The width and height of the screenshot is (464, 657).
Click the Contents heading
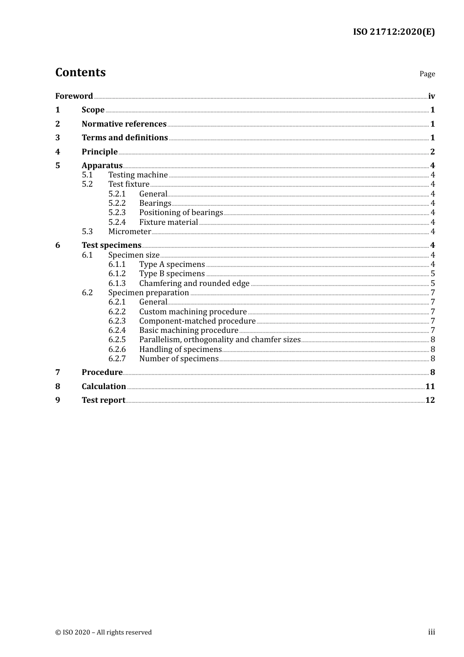[x=80, y=72]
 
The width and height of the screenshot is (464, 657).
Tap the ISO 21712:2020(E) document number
[x=394, y=32]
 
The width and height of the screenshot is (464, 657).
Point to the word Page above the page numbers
[x=427, y=74]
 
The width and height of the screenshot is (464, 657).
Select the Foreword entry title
[x=74, y=96]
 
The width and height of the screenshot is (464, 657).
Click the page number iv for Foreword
[x=431, y=96]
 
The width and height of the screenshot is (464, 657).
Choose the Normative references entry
[x=124, y=124]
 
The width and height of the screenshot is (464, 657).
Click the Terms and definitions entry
[x=125, y=137]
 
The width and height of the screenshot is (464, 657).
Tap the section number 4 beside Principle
[x=58, y=152]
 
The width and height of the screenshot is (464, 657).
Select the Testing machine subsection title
[x=138, y=175]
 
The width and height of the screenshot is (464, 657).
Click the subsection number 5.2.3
[x=117, y=212]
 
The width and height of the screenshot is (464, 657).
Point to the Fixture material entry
[x=169, y=222]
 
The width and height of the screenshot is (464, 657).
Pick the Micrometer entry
[x=129, y=231]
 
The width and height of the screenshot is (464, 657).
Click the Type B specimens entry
[x=172, y=273]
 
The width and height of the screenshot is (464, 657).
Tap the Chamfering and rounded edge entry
[x=194, y=283]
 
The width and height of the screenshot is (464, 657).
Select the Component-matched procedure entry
[x=197, y=321]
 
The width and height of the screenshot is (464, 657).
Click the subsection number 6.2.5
[x=117, y=339]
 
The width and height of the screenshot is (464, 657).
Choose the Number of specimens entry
[x=179, y=358]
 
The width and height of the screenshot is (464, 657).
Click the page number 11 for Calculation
[x=430, y=386]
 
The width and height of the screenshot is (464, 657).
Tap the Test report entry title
[x=104, y=400]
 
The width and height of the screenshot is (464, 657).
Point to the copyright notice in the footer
[x=104, y=632]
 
